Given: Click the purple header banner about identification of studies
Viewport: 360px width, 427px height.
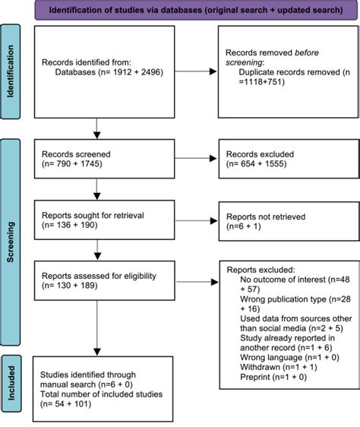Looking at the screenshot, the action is (x=196, y=10).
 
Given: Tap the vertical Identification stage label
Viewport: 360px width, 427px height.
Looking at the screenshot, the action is (x=11, y=71).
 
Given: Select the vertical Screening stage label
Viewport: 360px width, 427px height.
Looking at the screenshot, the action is (x=11, y=242).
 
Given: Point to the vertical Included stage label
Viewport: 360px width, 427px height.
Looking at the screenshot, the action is (x=11, y=383).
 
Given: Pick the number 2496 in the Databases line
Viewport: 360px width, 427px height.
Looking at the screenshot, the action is (x=150, y=72).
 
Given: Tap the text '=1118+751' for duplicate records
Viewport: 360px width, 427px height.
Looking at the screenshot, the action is (x=261, y=82).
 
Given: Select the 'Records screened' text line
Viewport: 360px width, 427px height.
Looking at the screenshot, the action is (x=76, y=154).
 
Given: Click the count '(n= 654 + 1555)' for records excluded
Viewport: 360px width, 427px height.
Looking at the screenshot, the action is (x=256, y=164).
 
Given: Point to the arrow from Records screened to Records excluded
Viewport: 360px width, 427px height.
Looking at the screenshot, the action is (x=195, y=158).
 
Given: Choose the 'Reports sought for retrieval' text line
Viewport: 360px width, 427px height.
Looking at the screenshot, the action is (x=93, y=216).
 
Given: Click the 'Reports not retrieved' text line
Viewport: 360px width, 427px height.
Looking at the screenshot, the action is (x=266, y=217).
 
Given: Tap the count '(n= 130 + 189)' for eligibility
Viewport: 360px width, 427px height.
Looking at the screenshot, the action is (x=70, y=286).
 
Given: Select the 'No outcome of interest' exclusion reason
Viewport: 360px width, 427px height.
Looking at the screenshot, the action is (x=283, y=280).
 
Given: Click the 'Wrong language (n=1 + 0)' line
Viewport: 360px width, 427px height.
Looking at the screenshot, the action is (x=289, y=358).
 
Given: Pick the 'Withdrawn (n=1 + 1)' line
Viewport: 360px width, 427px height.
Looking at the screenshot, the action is (x=279, y=368).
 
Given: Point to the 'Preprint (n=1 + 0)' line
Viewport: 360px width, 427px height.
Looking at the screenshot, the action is (x=273, y=377).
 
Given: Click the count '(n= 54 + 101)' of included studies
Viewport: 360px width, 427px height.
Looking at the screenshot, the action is (x=65, y=404).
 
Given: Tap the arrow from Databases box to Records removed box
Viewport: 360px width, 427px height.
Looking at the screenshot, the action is (x=195, y=71).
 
